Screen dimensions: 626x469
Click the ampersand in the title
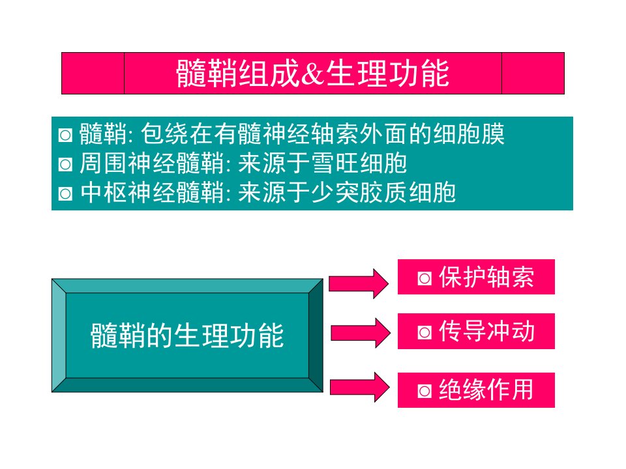(x=312, y=74)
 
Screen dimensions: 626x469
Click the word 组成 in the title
(x=269, y=74)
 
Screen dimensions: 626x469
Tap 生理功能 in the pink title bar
(x=387, y=74)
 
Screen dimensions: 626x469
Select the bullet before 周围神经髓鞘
(x=65, y=164)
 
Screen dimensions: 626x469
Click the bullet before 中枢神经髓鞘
(x=65, y=194)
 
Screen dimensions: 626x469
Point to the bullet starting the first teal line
(x=65, y=135)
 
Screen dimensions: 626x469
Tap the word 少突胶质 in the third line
(x=359, y=193)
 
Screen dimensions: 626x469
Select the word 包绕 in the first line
(x=165, y=134)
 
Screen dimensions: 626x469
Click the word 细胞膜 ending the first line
(x=469, y=134)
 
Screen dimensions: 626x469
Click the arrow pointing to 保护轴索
(x=359, y=283)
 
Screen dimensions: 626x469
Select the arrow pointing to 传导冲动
(x=361, y=333)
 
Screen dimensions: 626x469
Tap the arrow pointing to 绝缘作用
(x=360, y=387)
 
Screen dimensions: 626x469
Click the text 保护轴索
(x=486, y=277)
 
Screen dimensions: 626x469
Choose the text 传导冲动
(x=486, y=332)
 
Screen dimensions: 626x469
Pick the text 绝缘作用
(x=486, y=390)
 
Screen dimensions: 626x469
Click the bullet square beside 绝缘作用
(x=425, y=391)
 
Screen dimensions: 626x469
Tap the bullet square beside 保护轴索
(x=425, y=278)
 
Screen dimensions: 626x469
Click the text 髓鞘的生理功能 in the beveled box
(x=187, y=335)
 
